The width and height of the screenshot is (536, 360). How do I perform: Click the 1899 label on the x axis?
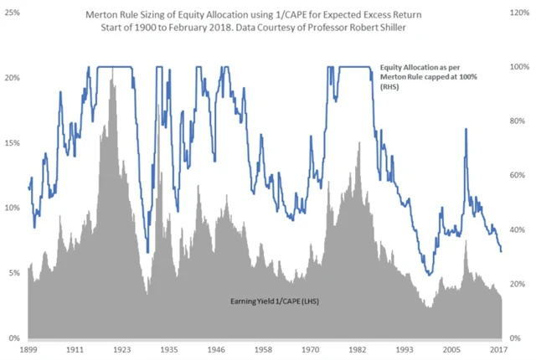29,350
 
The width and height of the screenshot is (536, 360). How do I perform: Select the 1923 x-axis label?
121,350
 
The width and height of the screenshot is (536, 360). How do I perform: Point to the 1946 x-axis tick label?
216,350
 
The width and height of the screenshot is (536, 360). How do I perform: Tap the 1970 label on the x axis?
310,350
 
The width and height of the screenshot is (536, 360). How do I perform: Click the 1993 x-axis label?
405,350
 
